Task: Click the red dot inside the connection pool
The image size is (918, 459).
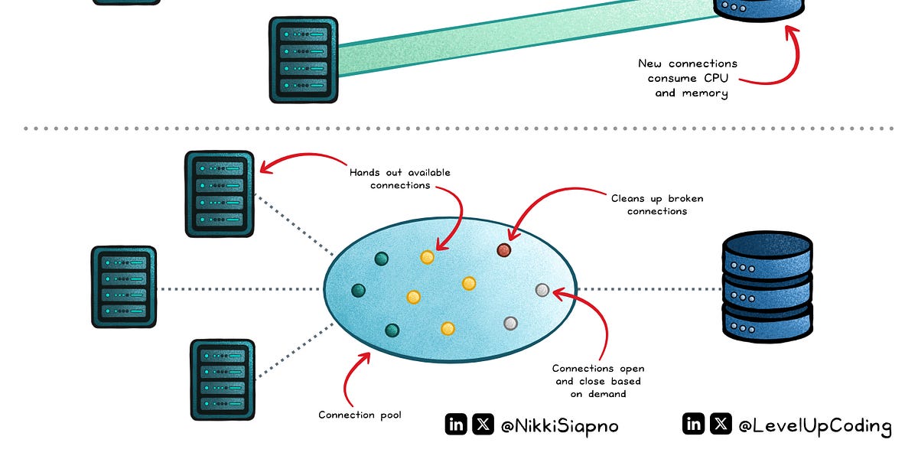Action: (503, 250)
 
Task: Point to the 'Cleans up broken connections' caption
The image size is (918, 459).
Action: (657, 204)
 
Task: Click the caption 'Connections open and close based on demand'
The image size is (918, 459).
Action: (597, 381)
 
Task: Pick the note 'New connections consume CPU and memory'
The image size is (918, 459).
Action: (688, 78)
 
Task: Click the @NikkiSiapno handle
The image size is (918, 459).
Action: (559, 426)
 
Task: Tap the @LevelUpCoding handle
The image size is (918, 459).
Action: (814, 426)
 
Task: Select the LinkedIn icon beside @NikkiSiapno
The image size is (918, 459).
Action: (456, 425)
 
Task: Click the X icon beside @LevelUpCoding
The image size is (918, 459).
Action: (720, 424)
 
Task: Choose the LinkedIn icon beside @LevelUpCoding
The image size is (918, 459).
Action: (693, 424)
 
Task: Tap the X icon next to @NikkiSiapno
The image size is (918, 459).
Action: (483, 425)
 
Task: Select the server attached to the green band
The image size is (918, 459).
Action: (304, 60)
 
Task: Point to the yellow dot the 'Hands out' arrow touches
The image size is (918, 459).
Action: (428, 257)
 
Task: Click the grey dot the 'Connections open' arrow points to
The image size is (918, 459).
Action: (542, 290)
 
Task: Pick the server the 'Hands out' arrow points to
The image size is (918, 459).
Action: (220, 194)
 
